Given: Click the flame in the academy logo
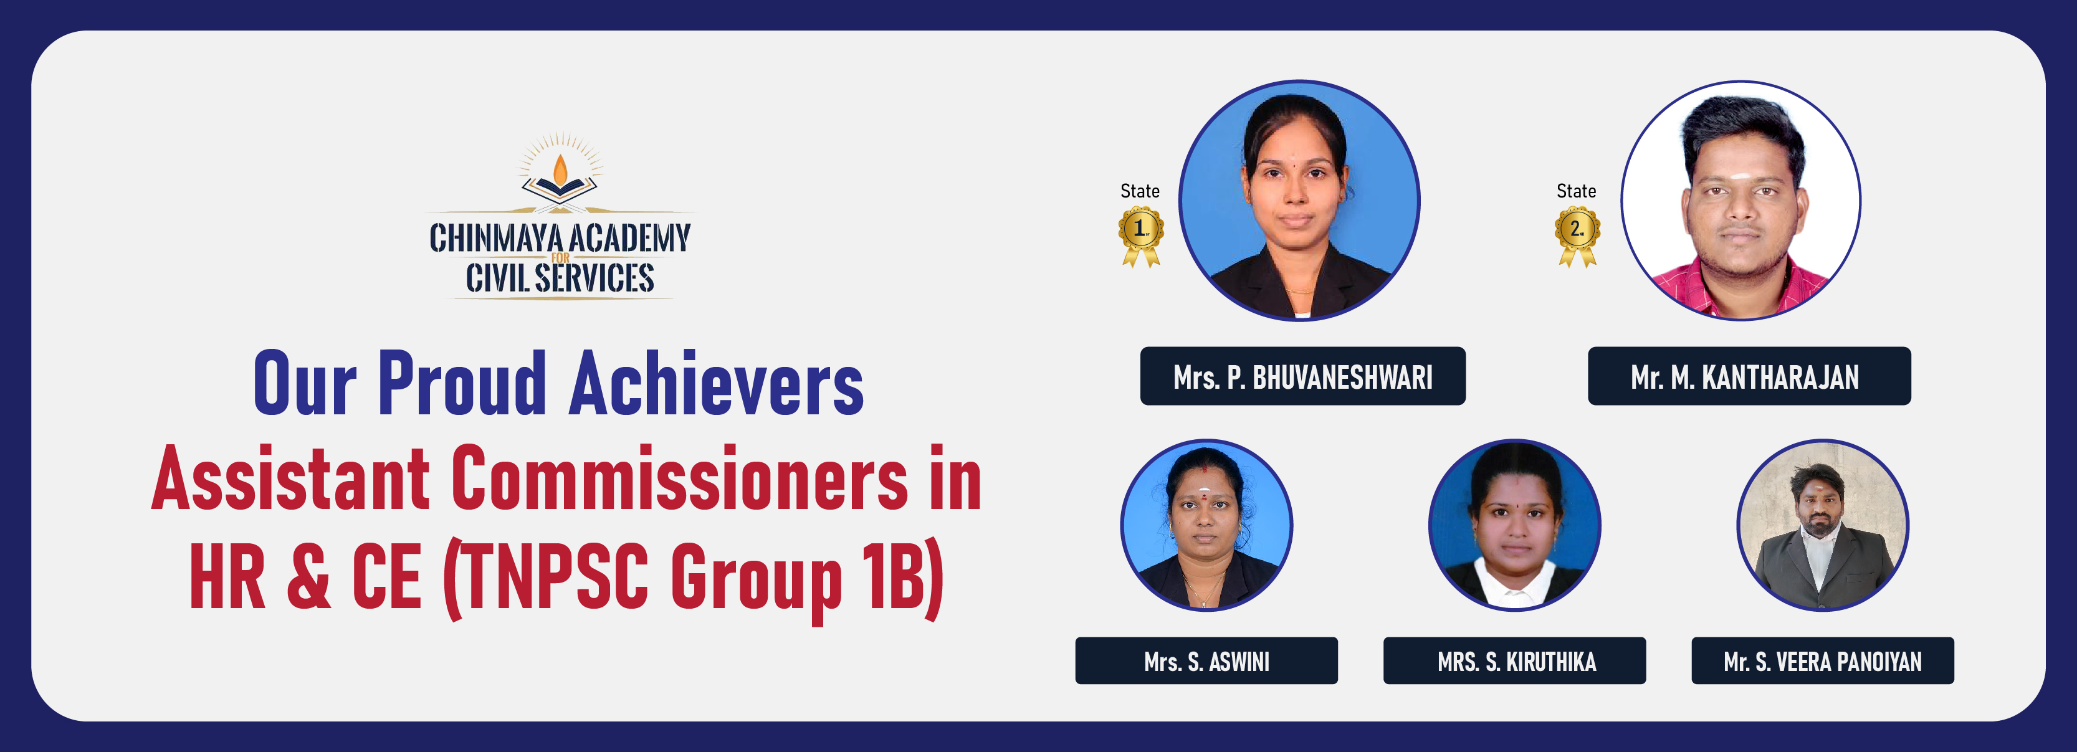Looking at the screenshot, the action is click(560, 170).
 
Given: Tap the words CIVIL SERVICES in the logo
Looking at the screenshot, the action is click(560, 277).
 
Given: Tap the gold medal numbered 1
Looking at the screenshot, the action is click(1140, 236).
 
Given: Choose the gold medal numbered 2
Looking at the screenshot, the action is click(1577, 236).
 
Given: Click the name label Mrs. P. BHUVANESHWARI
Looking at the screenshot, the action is click(1303, 376).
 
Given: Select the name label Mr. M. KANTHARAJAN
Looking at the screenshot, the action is click(1749, 376).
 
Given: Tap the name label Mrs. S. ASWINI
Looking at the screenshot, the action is click(1206, 661).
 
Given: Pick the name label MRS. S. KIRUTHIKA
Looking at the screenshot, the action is click(1514, 661).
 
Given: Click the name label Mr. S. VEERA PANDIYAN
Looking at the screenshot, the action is click(1822, 661).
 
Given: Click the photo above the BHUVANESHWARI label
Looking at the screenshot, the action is click(1299, 200).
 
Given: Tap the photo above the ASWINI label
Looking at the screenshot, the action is click(1206, 525).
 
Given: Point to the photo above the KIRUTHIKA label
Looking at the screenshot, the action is click(1514, 525).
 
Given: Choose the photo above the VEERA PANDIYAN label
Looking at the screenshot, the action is click(1822, 525).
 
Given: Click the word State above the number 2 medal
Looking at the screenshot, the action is click(1577, 191).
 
